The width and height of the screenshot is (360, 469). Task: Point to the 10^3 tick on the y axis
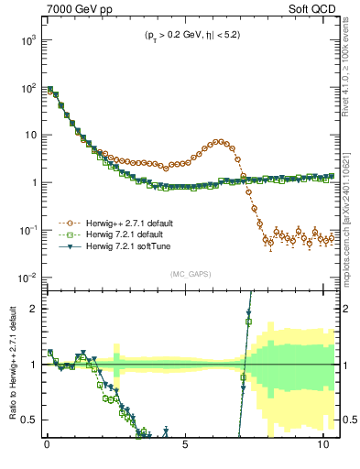(x=27, y=40)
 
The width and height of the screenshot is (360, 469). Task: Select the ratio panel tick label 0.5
(x=28, y=420)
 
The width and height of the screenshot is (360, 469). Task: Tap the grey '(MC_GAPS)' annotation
(x=189, y=274)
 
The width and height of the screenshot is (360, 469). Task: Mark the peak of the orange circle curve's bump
(x=220, y=141)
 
